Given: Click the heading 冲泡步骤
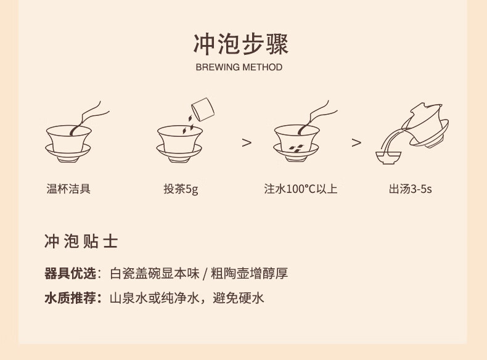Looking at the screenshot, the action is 240,44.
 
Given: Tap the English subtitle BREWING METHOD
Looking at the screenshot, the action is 239,67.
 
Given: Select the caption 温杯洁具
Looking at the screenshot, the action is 68,189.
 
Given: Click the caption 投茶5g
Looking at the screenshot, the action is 181,189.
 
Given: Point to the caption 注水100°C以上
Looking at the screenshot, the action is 301,189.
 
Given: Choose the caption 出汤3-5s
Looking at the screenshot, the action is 411,189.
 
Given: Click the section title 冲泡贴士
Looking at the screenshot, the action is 81,242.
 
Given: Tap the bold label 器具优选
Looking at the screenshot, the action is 70,273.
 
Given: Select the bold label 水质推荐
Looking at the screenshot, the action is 70,298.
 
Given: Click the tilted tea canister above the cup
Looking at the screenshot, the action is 203,109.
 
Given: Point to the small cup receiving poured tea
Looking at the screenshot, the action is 388,158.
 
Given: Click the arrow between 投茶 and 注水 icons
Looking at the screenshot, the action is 247,142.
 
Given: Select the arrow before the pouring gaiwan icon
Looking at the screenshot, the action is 356,142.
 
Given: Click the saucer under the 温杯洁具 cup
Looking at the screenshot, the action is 68,153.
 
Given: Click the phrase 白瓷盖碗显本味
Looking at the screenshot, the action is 154,273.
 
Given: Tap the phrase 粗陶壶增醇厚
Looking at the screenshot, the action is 250,273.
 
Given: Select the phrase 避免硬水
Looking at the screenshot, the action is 238,298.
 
